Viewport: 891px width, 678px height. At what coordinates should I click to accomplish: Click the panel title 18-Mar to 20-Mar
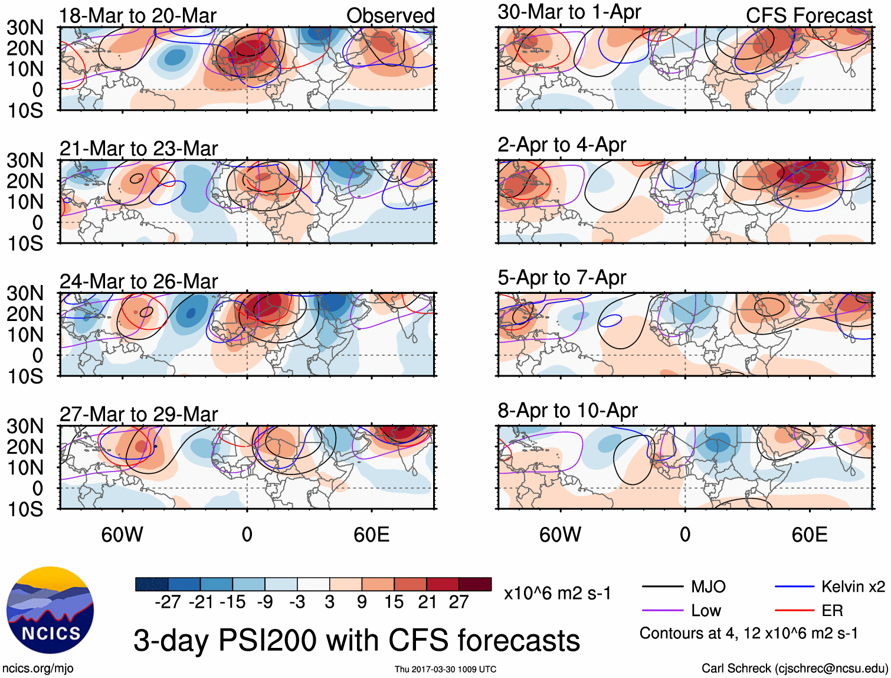(137, 16)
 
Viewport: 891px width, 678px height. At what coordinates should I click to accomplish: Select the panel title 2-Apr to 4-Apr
(561, 145)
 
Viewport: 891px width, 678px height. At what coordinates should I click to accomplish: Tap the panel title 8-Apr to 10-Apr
(567, 410)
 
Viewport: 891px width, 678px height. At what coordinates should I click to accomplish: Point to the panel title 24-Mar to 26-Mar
(139, 281)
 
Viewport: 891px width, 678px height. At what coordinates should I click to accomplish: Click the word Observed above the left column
(390, 16)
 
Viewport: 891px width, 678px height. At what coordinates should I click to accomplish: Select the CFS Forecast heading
(808, 16)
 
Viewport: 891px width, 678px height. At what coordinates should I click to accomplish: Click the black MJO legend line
(663, 587)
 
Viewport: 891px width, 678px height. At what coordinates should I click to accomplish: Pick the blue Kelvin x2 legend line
(794, 587)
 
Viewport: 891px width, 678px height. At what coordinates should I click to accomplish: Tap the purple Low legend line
(663, 611)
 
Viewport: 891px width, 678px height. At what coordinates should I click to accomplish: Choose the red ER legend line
(794, 611)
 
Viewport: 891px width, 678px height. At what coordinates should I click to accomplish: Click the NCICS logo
(50, 610)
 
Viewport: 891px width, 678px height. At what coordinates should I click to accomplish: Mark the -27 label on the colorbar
(168, 602)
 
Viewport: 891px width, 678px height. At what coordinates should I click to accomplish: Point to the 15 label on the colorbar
(394, 602)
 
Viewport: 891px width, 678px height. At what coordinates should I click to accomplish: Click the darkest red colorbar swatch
(474, 584)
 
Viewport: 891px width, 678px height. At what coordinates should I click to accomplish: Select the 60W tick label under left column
(122, 535)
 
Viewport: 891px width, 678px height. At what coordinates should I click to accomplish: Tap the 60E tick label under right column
(809, 535)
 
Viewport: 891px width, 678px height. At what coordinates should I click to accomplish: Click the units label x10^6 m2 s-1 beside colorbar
(557, 593)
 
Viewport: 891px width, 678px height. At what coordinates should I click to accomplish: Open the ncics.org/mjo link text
(38, 669)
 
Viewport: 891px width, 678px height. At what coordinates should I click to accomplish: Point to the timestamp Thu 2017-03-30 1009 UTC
(446, 669)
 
